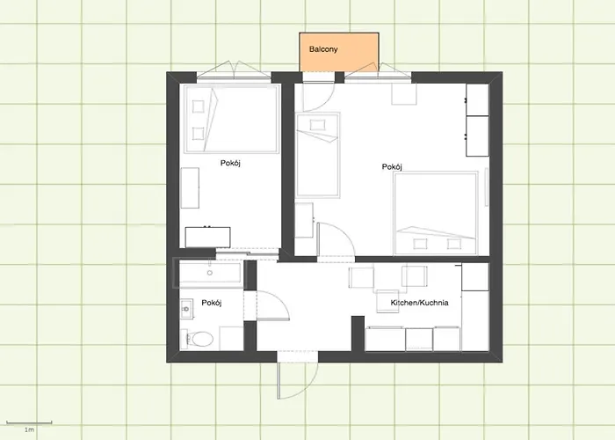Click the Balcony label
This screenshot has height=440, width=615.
coord(323,49)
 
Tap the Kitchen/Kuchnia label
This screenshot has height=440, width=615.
coord(419,303)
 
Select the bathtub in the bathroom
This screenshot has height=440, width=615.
coord(210,273)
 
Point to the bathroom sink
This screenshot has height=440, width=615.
coord(186,309)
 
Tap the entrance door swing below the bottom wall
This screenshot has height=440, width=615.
coord(298,380)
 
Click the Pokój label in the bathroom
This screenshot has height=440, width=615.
coord(212,303)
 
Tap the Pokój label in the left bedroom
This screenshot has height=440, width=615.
coord(230,163)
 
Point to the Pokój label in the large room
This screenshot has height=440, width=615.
coord(392,167)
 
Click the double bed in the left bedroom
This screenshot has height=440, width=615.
coord(232,119)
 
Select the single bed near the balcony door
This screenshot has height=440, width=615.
coord(318,155)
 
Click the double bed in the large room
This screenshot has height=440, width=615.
coord(436,213)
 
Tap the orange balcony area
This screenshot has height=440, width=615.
coord(339,52)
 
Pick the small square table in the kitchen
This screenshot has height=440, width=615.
coord(387,301)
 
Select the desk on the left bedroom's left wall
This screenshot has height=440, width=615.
coord(190,187)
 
